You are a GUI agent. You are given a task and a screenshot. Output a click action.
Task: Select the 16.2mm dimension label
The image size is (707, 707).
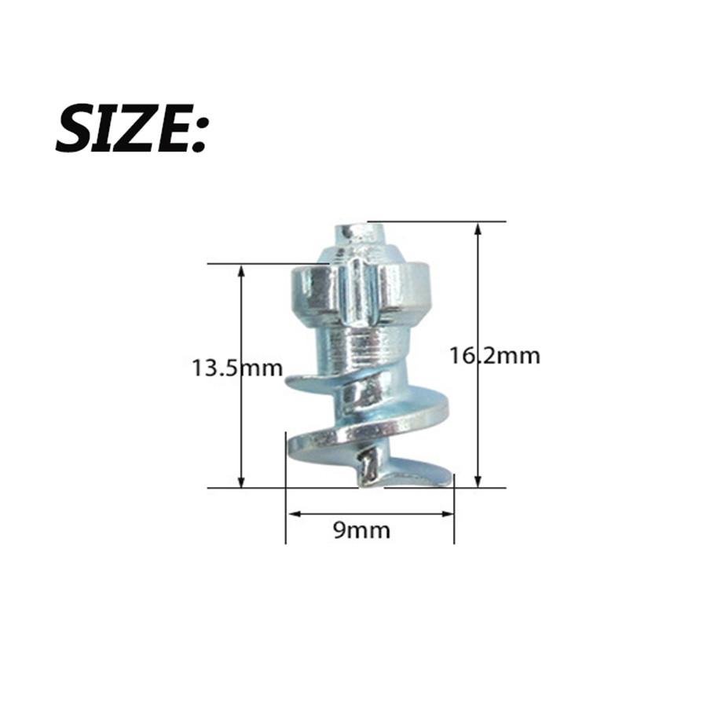[x=494, y=355]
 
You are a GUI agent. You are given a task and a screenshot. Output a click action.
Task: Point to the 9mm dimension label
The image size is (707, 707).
[x=361, y=529]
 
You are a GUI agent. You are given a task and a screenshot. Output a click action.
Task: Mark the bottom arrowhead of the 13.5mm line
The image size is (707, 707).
[x=241, y=481]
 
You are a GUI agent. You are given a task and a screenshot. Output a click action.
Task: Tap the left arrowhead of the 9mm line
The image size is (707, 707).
[x=292, y=515]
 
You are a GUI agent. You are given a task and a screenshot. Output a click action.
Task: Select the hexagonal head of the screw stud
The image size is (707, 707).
[x=363, y=291]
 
